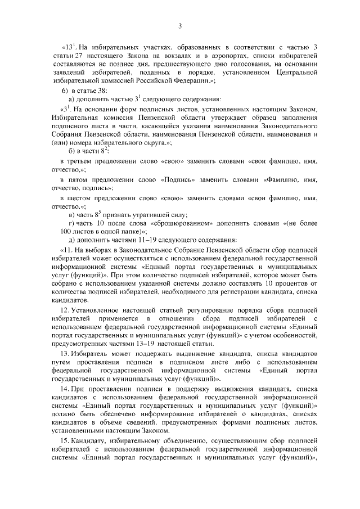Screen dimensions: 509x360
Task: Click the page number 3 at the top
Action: pyautogui.click(x=179, y=25)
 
